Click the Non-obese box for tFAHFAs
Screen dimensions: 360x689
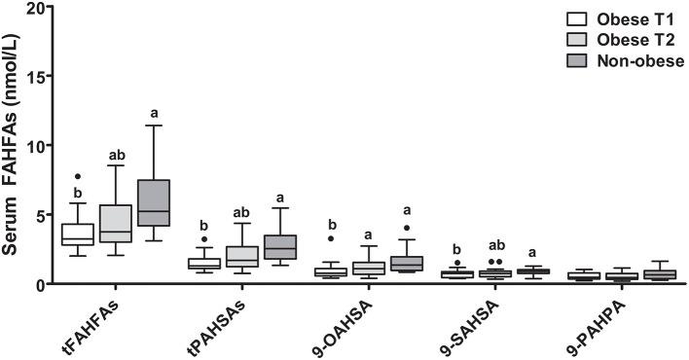tap(154, 202)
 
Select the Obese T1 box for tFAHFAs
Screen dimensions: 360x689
tap(77, 234)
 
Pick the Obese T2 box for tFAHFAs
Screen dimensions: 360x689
tap(115, 223)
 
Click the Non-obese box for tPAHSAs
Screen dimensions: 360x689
tap(280, 247)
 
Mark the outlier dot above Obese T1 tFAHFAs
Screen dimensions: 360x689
tap(77, 177)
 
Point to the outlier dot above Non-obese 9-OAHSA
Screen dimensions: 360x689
tap(406, 228)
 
